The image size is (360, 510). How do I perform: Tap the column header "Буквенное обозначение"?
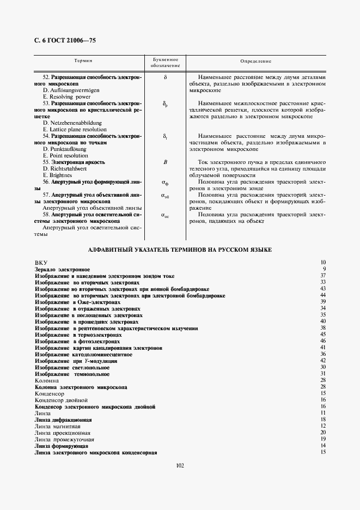(x=165, y=62)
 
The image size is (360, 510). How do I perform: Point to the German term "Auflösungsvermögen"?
(x=71, y=90)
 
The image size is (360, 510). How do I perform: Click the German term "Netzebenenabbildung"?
(x=72, y=123)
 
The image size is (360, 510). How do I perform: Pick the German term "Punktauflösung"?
(x=65, y=149)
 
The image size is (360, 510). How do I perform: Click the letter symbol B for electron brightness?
(x=165, y=162)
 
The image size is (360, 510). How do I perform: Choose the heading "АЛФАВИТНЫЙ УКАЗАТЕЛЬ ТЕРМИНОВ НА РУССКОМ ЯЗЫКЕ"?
(x=180, y=249)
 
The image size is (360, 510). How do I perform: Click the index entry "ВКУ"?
(x=41, y=263)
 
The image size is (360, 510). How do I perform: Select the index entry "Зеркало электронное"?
(x=62, y=269)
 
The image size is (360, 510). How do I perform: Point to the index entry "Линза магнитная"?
(x=57, y=426)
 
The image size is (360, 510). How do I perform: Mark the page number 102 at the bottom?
(x=180, y=465)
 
